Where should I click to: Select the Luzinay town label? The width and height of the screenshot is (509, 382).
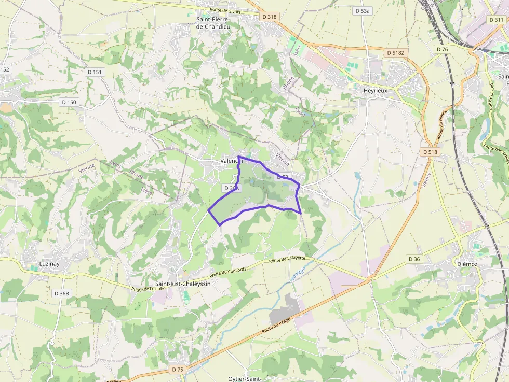tap(49, 263)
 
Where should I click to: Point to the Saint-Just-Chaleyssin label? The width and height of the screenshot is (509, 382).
tap(183, 284)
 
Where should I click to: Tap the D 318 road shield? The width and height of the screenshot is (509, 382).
tap(270, 17)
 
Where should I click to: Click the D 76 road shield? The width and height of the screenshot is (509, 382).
tap(442, 49)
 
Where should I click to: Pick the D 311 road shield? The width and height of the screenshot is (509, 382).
tap(496, 19)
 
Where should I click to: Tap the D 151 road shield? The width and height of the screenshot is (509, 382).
tap(95, 72)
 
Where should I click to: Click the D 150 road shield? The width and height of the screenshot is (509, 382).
tap(69, 102)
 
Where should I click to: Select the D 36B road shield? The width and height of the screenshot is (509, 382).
tap(61, 293)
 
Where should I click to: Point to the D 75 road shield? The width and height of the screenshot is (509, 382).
tap(178, 370)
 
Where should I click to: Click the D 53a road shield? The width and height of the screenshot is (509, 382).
tap(363, 11)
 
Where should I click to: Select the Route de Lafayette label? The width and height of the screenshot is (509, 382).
tap(287, 260)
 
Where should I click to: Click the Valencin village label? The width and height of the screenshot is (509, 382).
tap(231, 161)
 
